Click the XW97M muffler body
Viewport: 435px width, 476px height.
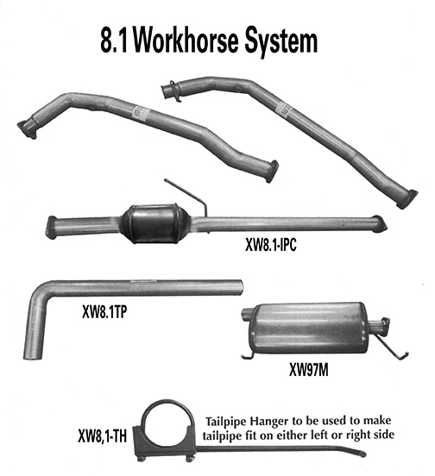point(312,327)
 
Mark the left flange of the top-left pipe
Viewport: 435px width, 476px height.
point(28,127)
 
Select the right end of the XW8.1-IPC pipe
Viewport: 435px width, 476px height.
point(379,226)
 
